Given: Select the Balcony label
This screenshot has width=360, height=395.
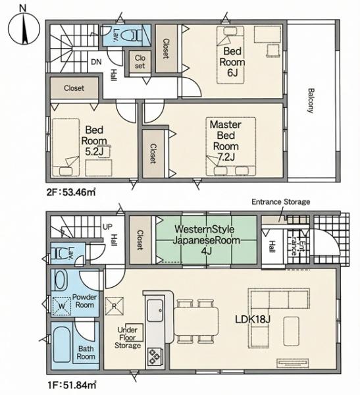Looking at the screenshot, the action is tap(311, 101).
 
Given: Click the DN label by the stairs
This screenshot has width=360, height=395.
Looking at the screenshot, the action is tap(96, 62).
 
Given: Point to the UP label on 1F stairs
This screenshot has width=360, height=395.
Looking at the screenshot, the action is tap(107, 226).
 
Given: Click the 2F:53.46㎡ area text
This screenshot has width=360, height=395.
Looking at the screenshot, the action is tap(71, 192).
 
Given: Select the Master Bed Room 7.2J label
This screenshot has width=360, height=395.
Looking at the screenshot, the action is tap(226, 141).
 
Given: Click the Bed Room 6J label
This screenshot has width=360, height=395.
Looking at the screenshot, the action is tap(232, 62).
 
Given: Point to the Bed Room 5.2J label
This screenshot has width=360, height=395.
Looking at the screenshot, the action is tap(94, 141).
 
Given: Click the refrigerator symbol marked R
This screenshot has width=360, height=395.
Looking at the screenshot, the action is tap(115, 306).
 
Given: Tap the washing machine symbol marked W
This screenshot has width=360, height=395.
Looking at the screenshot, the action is tap(61, 306).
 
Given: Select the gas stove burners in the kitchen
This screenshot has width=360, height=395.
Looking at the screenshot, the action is tap(153, 357).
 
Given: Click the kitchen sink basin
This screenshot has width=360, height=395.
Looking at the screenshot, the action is tap(155, 310).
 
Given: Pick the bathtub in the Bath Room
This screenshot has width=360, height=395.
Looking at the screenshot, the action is tap(63, 344).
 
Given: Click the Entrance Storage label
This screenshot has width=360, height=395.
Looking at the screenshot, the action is tap(281, 202).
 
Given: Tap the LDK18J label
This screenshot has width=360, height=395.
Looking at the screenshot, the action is tap(253, 319).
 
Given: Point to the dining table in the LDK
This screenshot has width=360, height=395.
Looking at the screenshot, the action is tap(196, 321).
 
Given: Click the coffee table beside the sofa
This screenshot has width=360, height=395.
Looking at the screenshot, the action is tap(292, 331).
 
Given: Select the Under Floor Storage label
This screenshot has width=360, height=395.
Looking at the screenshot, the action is tap(128, 338).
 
